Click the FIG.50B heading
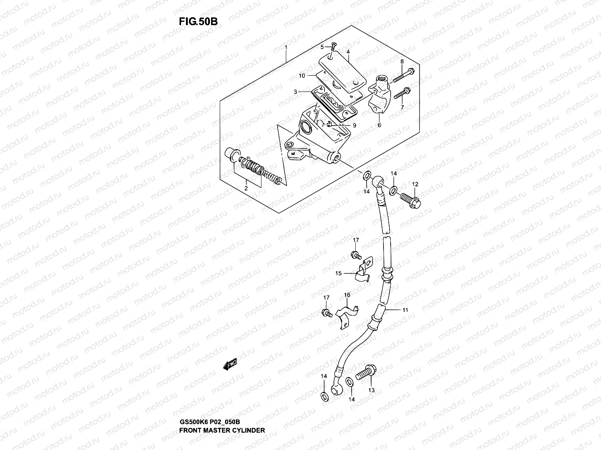click(x=198, y=21)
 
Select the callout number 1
click(x=286, y=48)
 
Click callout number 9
click(x=354, y=125)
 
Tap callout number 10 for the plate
click(x=302, y=75)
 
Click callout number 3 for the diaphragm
click(x=296, y=92)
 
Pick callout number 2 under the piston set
click(x=246, y=189)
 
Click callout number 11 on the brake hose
click(x=405, y=310)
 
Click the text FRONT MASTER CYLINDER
click(x=222, y=409)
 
